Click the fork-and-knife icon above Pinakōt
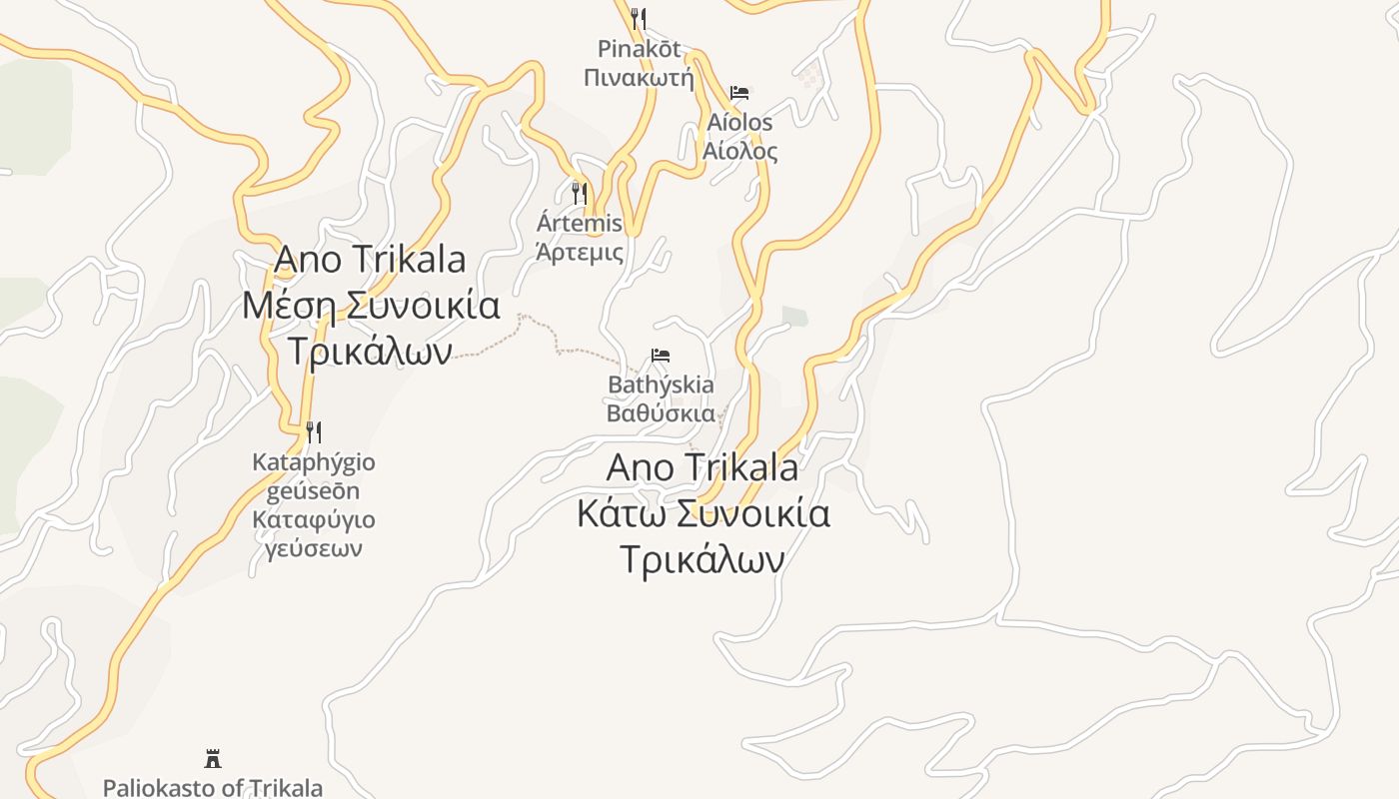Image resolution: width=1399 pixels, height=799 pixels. pyautogui.click(x=639, y=19)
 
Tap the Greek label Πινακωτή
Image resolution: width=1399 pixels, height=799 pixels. pyautogui.click(x=639, y=77)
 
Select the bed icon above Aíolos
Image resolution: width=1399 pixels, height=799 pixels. pyautogui.click(x=739, y=93)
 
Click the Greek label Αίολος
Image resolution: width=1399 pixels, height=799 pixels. pyautogui.click(x=739, y=152)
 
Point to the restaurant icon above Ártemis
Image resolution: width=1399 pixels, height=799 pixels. pyautogui.click(x=580, y=193)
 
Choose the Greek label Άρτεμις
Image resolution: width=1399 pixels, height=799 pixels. pyautogui.click(x=580, y=252)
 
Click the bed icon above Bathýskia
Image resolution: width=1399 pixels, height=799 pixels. pyautogui.click(x=660, y=356)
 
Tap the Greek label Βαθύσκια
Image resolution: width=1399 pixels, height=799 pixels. pyautogui.click(x=661, y=413)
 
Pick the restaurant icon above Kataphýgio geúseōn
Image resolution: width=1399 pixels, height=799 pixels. pyautogui.click(x=314, y=432)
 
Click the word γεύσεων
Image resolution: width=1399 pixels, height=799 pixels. pyautogui.click(x=314, y=548)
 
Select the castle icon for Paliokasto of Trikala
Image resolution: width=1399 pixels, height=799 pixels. pyautogui.click(x=213, y=758)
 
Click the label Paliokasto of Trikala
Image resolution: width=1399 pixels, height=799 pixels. pyautogui.click(x=213, y=787)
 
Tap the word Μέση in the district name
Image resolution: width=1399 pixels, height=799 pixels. pyautogui.click(x=288, y=305)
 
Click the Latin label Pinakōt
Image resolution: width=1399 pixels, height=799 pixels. pyautogui.click(x=639, y=48)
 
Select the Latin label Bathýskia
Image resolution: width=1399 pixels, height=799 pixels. pyautogui.click(x=661, y=385)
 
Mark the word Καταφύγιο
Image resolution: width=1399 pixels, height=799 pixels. pyautogui.click(x=314, y=519)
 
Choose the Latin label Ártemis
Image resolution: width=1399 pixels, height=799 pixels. pyautogui.click(x=580, y=223)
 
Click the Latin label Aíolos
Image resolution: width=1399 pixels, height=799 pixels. pyautogui.click(x=739, y=123)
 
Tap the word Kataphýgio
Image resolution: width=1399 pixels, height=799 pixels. pyautogui.click(x=314, y=462)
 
